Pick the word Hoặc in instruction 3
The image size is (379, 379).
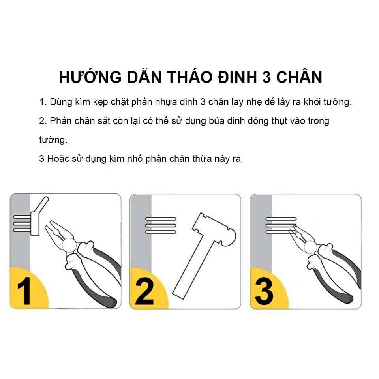58,159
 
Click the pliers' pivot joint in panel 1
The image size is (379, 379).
69,245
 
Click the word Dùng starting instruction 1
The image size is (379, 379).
59,102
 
